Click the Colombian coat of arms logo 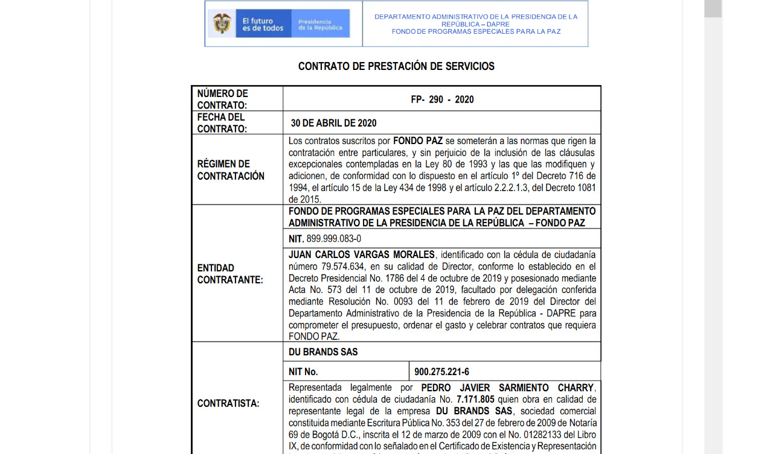point(222,24)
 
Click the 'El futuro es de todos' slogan point(263,24)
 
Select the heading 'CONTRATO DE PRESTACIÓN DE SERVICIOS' point(396,66)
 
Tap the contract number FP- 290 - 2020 point(442,99)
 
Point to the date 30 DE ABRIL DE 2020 point(333,123)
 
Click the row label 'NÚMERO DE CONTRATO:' point(222,99)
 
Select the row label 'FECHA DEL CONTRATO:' point(222,123)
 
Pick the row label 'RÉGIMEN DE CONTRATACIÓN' point(231,170)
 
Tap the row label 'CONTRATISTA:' point(228,403)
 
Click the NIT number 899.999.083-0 point(333,238)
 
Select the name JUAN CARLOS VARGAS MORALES point(361,254)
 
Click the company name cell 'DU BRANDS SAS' point(323,352)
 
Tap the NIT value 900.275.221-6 point(441,371)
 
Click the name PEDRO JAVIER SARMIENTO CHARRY point(507,388)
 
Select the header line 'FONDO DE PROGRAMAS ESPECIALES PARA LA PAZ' point(476,31)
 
